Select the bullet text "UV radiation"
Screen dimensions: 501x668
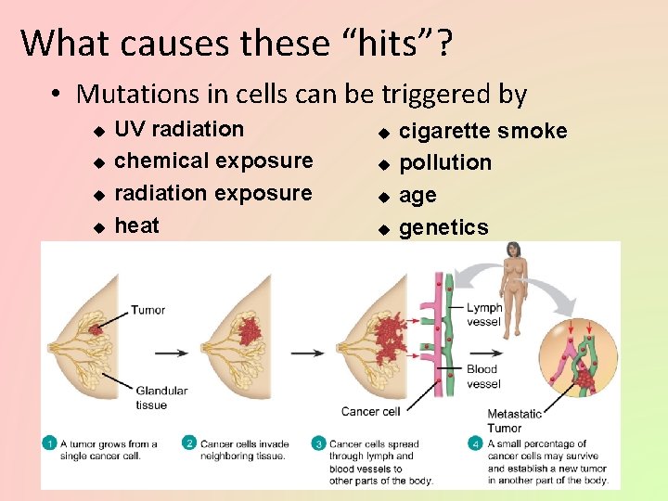tap(178, 129)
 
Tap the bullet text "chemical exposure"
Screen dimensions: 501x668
tap(213, 161)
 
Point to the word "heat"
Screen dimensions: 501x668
tap(136, 225)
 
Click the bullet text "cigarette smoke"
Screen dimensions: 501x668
tap(482, 131)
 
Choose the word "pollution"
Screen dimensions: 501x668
tap(445, 162)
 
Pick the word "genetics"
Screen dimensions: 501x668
tap(443, 227)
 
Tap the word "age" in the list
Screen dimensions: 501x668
tap(417, 196)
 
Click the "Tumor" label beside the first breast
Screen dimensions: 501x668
tap(148, 309)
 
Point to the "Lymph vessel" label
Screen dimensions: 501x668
tap(484, 315)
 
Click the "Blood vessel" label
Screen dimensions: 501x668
tap(483, 377)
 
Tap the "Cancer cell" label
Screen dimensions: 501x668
tap(370, 411)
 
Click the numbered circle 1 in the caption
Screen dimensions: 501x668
tap(50, 443)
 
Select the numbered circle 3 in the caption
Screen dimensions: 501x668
tap(318, 443)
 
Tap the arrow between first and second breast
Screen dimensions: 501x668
tap(170, 353)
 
